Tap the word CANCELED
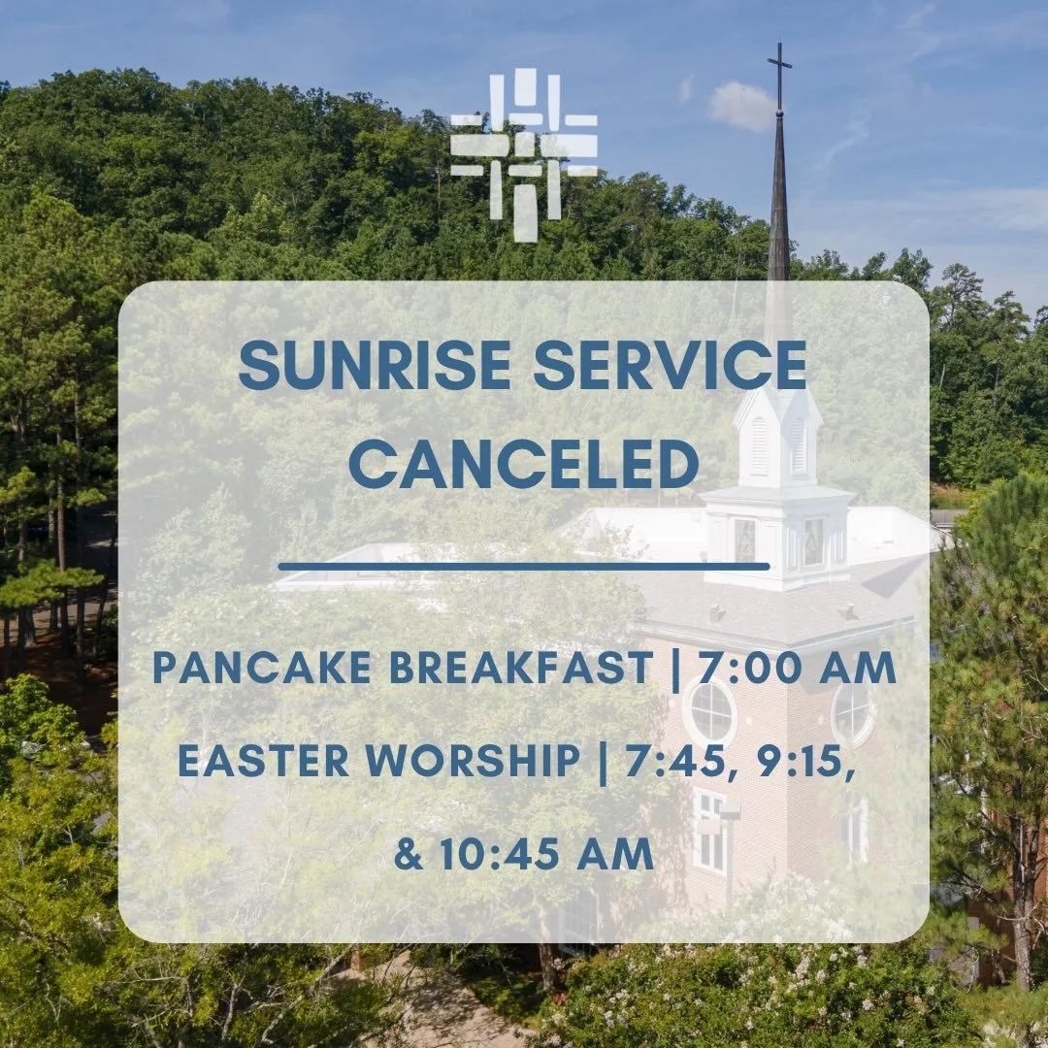[x=524, y=465]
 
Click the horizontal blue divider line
[x=524, y=566]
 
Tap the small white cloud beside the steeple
[x=741, y=105]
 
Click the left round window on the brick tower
[x=710, y=713]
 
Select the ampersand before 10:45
[x=409, y=854]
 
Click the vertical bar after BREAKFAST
[x=675, y=668]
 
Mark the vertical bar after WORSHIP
[x=603, y=761]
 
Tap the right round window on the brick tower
[x=852, y=713]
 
